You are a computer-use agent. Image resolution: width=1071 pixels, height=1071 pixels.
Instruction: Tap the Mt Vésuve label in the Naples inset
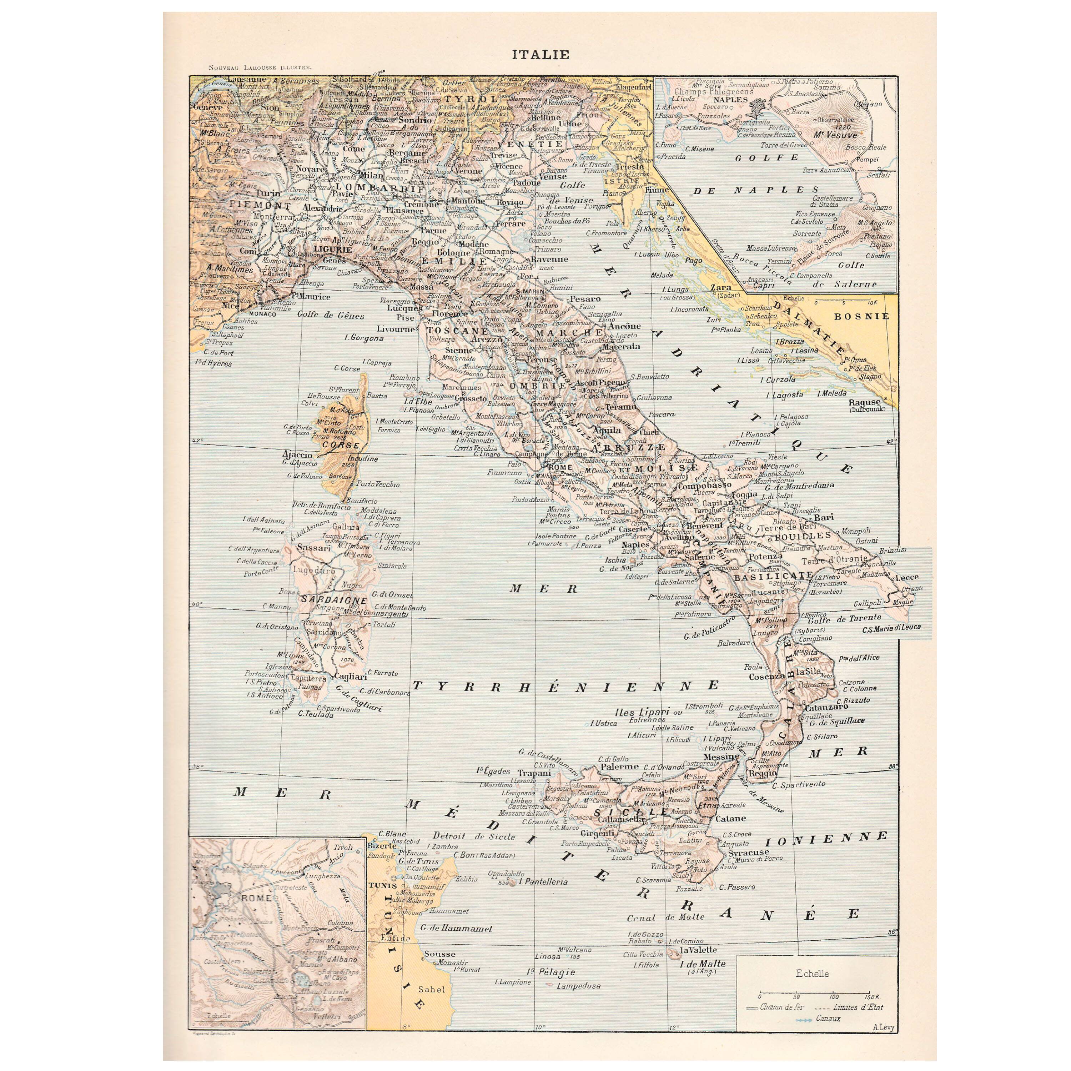[835, 135]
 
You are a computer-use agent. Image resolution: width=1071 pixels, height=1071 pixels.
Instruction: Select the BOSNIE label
[861, 316]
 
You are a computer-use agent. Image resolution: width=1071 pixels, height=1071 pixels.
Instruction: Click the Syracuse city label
[748, 853]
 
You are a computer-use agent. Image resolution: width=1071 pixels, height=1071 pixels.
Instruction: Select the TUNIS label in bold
[382, 885]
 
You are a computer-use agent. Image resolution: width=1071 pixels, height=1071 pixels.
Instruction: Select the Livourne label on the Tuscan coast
[396, 329]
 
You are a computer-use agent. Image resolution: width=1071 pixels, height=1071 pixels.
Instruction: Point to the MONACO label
[263, 314]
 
